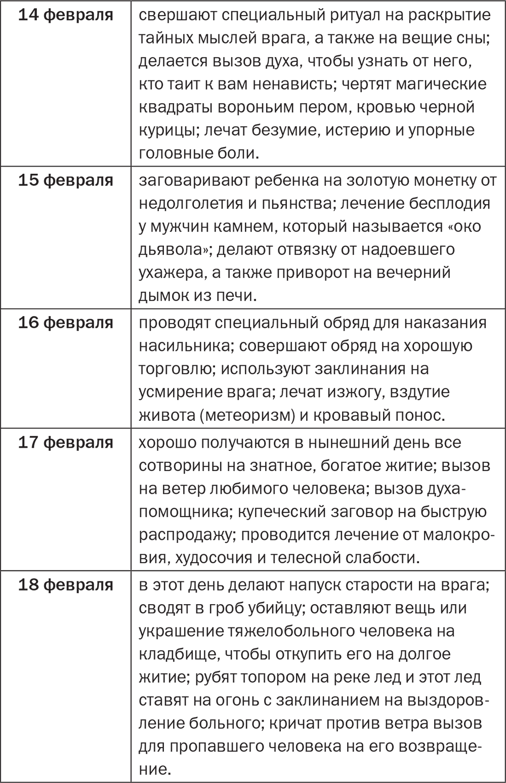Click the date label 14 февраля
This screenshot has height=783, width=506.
pos(66,15)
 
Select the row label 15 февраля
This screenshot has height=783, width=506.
pos(66,180)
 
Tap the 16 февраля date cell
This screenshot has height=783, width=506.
pos(66,323)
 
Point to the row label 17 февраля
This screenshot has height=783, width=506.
pos(66,442)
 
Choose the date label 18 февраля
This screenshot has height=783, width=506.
pos(66,584)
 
